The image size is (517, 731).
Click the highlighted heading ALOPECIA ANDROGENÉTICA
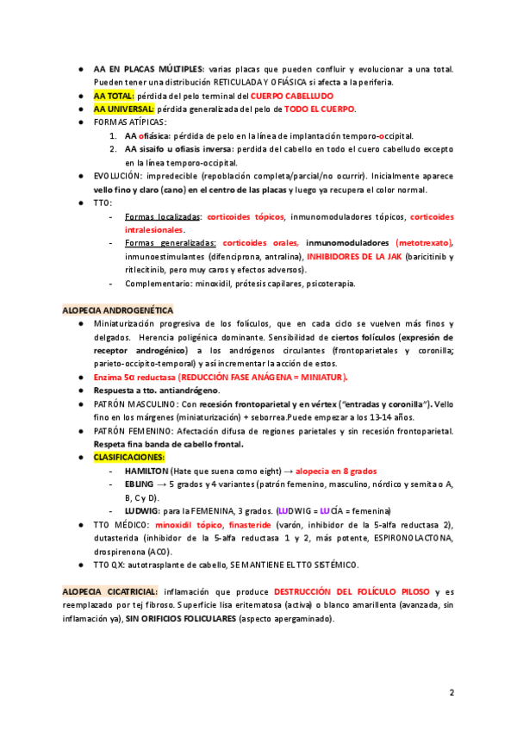[118, 309]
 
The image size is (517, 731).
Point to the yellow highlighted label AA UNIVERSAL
[125, 109]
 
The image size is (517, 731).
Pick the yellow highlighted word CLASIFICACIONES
[129, 458]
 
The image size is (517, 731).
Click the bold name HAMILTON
[146, 472]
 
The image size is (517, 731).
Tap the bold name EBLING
[140, 485]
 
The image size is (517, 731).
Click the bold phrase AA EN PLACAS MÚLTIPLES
[148, 68]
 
